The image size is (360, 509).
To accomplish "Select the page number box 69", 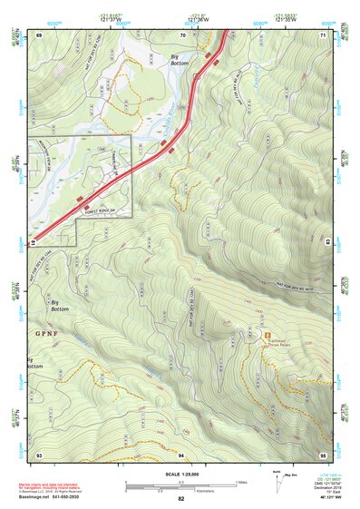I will click(x=38, y=34).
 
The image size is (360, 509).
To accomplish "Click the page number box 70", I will click(x=182, y=34).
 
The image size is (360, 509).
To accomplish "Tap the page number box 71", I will click(x=323, y=34).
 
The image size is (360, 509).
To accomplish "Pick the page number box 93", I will click(x=38, y=454).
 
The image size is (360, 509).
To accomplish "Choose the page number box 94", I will click(x=181, y=454).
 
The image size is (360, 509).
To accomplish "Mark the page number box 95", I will click(x=323, y=454).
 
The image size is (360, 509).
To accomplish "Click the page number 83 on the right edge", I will click(x=326, y=243).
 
